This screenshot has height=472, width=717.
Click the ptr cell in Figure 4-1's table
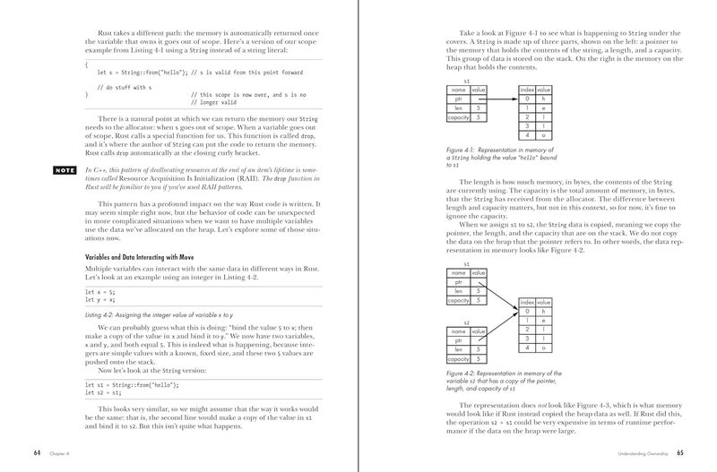[x=458, y=99]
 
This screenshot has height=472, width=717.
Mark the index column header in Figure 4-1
[x=527, y=90]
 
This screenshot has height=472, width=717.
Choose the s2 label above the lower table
[x=466, y=322]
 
